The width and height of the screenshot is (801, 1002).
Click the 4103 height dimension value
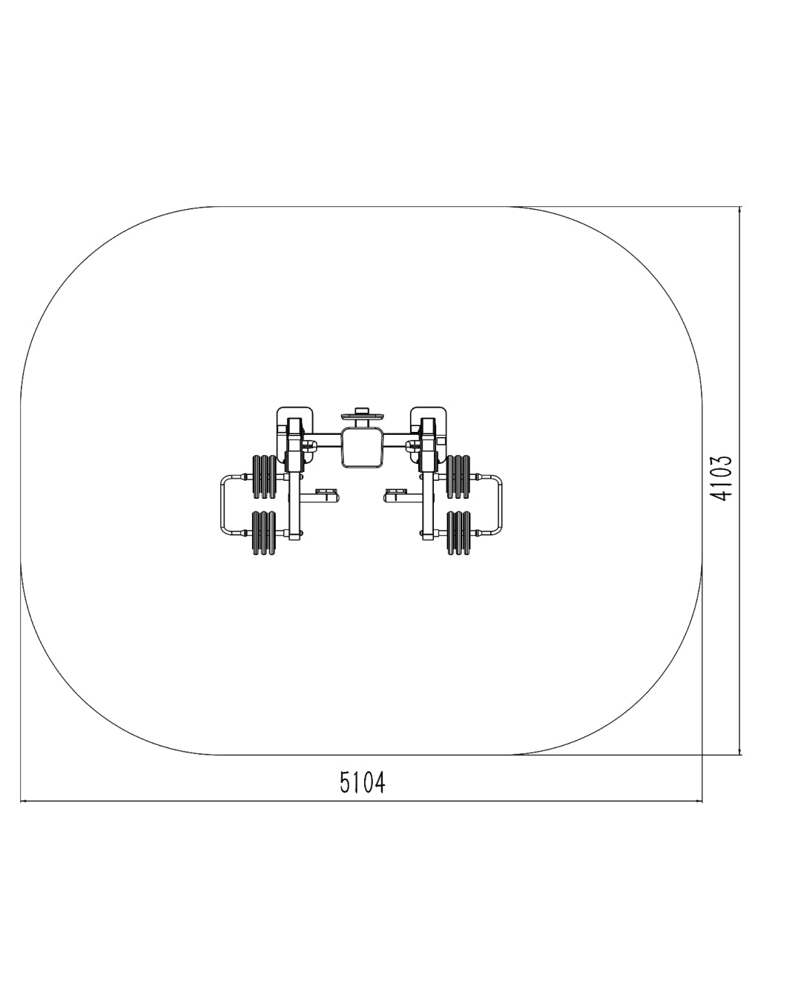721,478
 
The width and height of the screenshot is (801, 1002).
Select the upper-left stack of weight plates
264,477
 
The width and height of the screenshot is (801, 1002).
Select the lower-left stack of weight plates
264,533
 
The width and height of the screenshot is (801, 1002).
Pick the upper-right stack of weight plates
458,477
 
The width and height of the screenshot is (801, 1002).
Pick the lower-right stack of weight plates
458,533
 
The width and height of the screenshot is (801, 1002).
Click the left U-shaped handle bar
223,505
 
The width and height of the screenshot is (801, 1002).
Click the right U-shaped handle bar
500,505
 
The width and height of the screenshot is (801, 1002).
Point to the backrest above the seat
362,416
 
